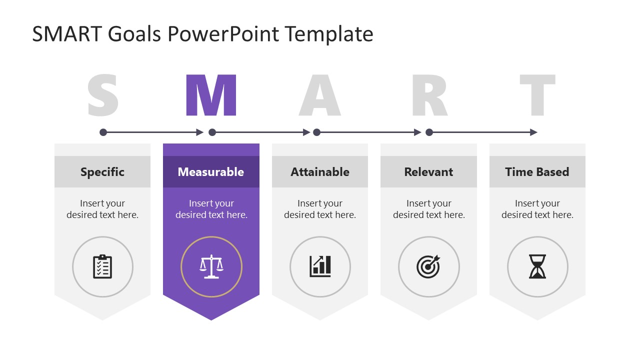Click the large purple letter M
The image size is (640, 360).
[x=210, y=95]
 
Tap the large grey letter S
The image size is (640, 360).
[x=103, y=95]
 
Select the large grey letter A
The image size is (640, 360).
[x=319, y=95]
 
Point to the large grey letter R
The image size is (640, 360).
[x=429, y=95]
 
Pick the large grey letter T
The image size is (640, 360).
[x=537, y=95]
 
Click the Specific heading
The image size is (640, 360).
[x=102, y=172]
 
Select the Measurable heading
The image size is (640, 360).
[x=211, y=172]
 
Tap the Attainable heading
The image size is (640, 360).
[x=320, y=172]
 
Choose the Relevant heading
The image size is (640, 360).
[x=428, y=172]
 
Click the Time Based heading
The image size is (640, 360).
[x=537, y=172]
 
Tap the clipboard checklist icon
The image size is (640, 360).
[x=102, y=266]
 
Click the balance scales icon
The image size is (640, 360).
[x=211, y=266]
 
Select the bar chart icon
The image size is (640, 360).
[x=320, y=266]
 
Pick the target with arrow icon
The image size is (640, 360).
[x=428, y=266]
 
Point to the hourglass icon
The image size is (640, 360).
[x=537, y=266]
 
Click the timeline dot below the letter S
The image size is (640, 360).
[x=103, y=132]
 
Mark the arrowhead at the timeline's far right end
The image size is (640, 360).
[x=533, y=132]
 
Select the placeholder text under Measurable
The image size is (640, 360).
[x=211, y=209]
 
